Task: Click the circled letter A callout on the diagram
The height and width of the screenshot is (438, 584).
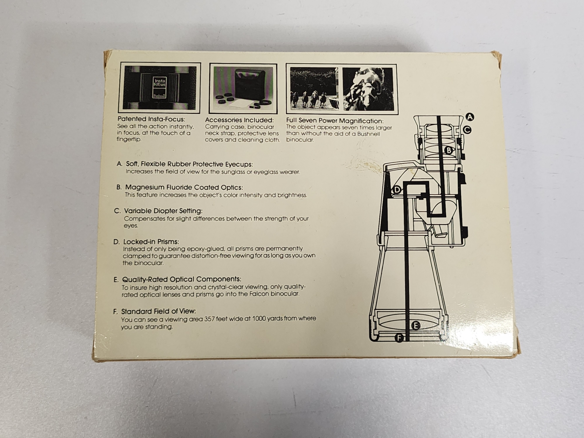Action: (x=469, y=117)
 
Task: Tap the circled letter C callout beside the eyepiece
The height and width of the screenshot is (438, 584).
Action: (x=467, y=130)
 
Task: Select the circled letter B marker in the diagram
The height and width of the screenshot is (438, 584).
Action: (x=449, y=150)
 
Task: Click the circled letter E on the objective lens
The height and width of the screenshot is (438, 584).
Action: (x=415, y=325)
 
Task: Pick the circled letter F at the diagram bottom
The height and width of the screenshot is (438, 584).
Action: (x=399, y=338)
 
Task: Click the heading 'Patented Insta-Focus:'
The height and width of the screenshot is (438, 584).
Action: (x=151, y=119)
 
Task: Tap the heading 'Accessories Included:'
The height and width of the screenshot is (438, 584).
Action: (x=239, y=120)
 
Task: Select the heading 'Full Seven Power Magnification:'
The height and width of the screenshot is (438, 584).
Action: (x=335, y=121)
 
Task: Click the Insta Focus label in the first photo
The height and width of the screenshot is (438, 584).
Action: (x=160, y=82)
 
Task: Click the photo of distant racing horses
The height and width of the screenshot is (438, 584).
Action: (x=313, y=88)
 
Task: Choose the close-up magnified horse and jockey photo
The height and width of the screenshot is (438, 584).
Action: (x=368, y=89)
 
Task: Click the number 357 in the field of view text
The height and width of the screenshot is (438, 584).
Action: (x=210, y=319)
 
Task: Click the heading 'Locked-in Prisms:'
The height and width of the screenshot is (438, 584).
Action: (x=151, y=242)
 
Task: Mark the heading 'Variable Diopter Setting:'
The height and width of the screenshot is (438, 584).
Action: (x=163, y=211)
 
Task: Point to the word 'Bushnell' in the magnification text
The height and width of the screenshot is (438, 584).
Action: (x=368, y=134)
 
